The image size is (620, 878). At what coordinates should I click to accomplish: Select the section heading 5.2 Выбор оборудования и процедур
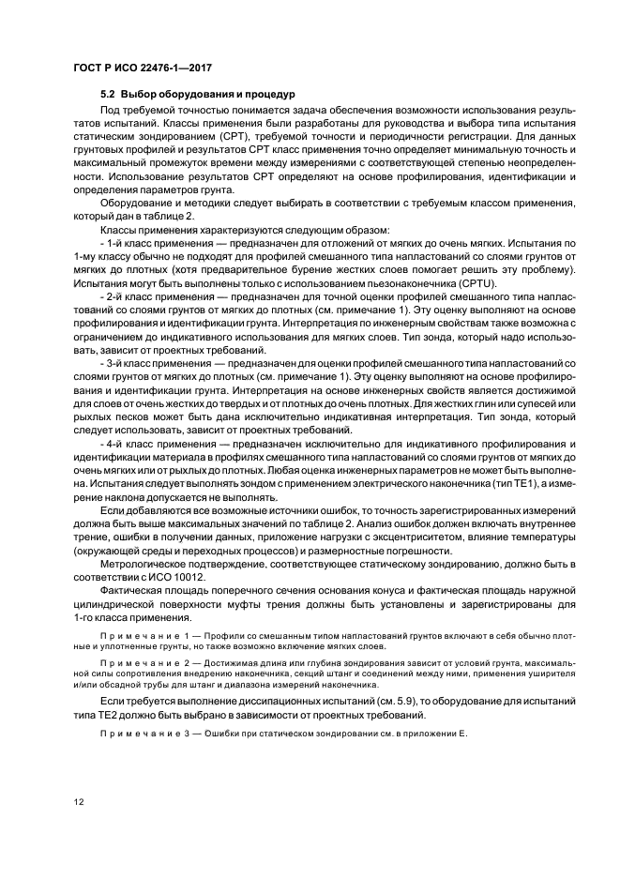pos(198,95)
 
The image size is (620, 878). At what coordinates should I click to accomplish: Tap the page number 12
pos(80,800)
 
